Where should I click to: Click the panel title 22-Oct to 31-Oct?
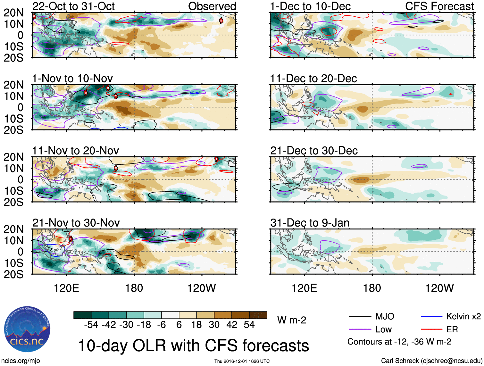pos(73,6)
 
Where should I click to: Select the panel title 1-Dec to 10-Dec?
pos(310,6)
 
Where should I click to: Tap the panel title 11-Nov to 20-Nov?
pos(75,150)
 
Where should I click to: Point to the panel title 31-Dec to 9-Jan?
pos(310,222)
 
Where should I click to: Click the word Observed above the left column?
pos(212,6)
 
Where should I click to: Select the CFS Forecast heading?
pos(439,6)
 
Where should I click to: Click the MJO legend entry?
pos(385,316)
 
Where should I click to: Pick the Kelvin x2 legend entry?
pos(463,316)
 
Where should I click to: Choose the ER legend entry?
pos(452,329)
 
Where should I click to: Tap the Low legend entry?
pos(383,329)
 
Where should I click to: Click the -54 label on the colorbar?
pos(91,325)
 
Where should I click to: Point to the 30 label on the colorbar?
pos(214,325)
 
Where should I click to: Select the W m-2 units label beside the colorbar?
pos(292,320)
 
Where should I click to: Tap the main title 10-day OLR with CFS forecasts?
pos(193,345)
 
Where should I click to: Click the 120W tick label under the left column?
pos(201,288)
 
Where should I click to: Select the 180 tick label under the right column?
pos(372,288)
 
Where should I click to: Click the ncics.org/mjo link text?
pos(20,361)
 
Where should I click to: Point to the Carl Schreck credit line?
pos(431,361)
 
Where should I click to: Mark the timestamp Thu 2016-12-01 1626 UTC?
pos(242,361)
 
